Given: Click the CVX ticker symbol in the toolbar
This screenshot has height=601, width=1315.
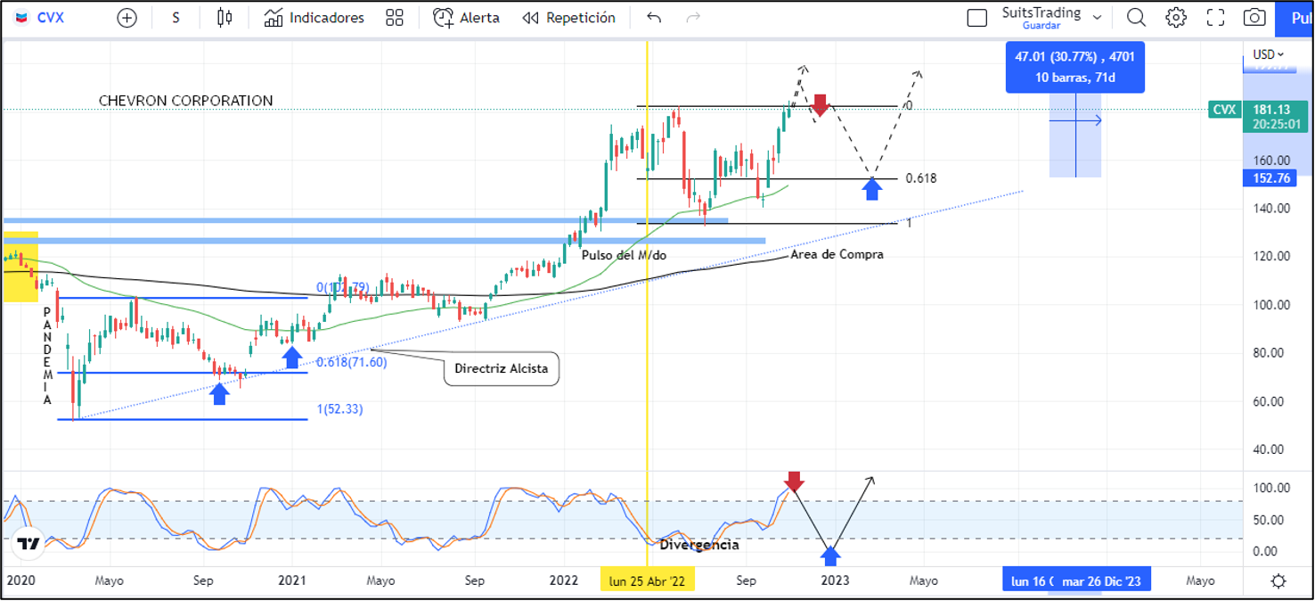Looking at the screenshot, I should pyautogui.click(x=50, y=18).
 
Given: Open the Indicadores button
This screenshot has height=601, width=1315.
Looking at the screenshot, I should pyautogui.click(x=314, y=18).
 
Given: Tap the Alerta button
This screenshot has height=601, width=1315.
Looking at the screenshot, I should pyautogui.click(x=466, y=18).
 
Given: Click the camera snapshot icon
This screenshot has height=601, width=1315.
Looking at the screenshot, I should pyautogui.click(x=1254, y=18).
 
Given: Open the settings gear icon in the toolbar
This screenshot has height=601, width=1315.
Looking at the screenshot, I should pyautogui.click(x=1176, y=18).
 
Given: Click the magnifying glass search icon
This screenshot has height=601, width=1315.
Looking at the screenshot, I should pyautogui.click(x=1136, y=18).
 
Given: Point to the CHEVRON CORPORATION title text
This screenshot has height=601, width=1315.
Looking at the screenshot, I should pyautogui.click(x=186, y=101).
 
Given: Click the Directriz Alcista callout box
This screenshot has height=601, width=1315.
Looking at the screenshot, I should pyautogui.click(x=502, y=368).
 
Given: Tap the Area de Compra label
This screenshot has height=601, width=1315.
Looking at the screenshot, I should pyautogui.click(x=837, y=254).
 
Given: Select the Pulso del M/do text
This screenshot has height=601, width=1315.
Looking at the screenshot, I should pyautogui.click(x=624, y=255).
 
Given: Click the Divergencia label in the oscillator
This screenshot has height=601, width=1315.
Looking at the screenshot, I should pyautogui.click(x=699, y=545).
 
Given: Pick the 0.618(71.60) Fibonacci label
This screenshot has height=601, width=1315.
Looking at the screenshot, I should pyautogui.click(x=352, y=362).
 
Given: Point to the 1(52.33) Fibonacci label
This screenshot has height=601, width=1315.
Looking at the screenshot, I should pyautogui.click(x=340, y=409).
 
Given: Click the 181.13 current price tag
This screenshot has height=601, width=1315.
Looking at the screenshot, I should pyautogui.click(x=1271, y=110).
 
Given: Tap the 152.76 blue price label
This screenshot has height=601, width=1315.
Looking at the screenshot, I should pyautogui.click(x=1271, y=178).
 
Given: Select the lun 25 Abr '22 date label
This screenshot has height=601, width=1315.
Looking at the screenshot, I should pyautogui.click(x=647, y=580).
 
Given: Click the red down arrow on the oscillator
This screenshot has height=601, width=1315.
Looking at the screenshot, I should pyautogui.click(x=794, y=482).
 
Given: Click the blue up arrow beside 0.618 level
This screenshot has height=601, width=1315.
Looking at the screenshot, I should pyautogui.click(x=872, y=188).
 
